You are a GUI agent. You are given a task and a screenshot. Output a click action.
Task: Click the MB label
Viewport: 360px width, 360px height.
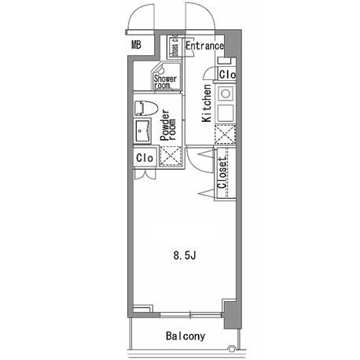click(x=136, y=45)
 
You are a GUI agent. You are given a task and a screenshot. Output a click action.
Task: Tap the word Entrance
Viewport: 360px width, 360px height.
click(x=204, y=46)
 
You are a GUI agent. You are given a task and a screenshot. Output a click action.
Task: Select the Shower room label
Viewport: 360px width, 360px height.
click(x=165, y=82)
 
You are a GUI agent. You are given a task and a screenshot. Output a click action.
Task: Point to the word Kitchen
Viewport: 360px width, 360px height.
click(x=207, y=103)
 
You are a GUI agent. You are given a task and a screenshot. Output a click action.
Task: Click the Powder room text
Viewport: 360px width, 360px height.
click(x=168, y=126)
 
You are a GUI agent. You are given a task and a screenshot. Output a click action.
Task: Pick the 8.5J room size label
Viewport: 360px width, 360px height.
click(x=185, y=255)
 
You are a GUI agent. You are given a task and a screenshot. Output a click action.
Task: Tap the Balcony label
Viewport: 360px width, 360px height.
click(x=186, y=336)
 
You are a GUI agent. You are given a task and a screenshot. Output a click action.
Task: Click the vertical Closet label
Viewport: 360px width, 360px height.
click(x=222, y=173)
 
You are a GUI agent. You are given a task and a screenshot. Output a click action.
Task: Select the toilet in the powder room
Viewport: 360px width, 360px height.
click(x=146, y=108)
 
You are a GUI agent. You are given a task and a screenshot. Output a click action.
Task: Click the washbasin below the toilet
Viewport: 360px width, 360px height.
click(x=142, y=130)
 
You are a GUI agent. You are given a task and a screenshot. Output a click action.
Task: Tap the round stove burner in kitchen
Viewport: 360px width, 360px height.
click(x=226, y=94)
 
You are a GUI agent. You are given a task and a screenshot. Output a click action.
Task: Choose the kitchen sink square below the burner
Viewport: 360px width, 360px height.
click(x=226, y=113)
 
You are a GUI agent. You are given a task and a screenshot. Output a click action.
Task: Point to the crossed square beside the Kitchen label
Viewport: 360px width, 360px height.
click(x=225, y=134)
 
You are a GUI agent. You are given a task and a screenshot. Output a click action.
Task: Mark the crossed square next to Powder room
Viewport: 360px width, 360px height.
click(x=171, y=156)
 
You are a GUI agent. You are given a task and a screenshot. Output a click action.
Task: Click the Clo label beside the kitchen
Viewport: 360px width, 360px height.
click(x=227, y=75)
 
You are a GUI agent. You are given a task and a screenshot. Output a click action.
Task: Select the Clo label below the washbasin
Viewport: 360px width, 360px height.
click(x=145, y=158)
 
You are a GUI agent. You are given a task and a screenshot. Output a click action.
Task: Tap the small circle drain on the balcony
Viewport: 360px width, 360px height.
click(x=231, y=349)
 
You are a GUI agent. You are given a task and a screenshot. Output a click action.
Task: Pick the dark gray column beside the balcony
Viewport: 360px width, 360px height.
click(x=233, y=314)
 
